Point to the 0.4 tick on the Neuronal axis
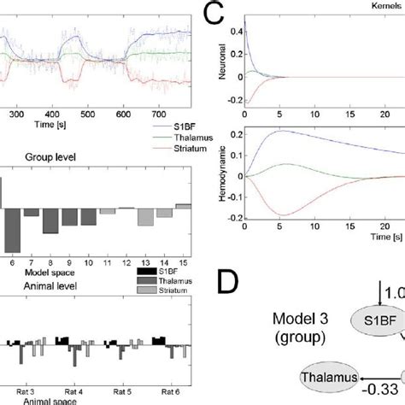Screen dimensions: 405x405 point(236,33)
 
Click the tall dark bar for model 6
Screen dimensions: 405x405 point(12,230)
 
